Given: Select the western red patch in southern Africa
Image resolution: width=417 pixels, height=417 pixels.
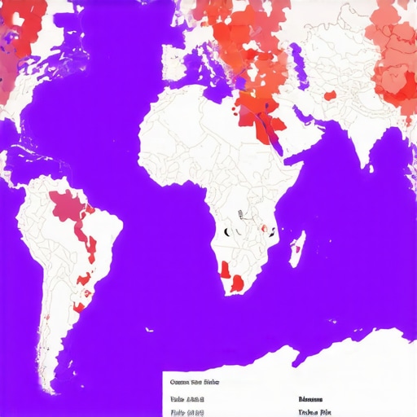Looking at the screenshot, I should click(224, 268).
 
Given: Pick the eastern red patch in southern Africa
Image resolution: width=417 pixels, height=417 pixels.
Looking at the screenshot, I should click(236, 283).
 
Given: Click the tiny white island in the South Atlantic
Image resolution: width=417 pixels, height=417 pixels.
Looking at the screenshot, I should click(149, 329).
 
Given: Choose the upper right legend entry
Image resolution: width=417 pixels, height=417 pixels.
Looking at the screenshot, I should click(311, 399).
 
